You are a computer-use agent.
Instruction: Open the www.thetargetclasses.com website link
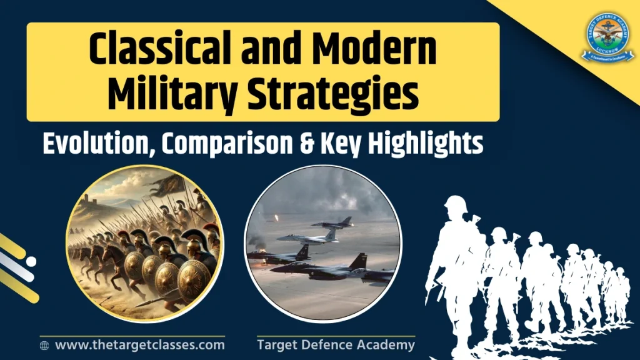click(139, 344)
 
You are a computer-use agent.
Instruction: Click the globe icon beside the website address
click(44, 345)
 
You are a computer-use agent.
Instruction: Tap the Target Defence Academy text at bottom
click(336, 344)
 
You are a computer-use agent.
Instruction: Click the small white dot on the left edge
click(31, 262)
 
